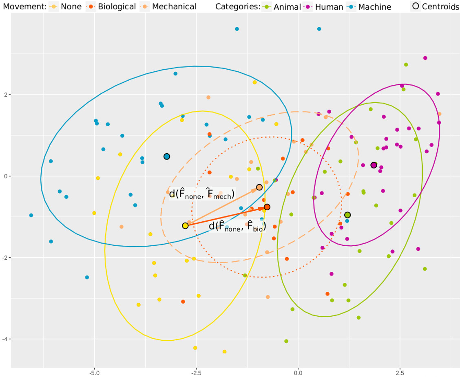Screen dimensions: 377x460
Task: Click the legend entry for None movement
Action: pos(65,7)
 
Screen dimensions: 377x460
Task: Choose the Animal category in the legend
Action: pos(282,7)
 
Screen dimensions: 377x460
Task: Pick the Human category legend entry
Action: pos(324,7)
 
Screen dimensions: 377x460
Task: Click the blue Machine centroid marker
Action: pos(167,157)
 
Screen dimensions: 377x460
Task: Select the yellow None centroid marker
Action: pos(185,225)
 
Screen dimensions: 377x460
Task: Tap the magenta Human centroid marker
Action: pos(374,165)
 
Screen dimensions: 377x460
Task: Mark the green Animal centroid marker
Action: pos(347,215)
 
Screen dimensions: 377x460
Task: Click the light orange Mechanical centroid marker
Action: pos(259,187)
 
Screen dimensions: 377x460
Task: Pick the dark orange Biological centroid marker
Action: pos(267,207)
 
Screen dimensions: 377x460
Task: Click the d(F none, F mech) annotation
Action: pos(202,194)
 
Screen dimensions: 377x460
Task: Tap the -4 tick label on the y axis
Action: pos(6,339)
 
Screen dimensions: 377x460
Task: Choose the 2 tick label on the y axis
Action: pos(7,95)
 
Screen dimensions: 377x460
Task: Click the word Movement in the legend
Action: pos(23,7)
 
